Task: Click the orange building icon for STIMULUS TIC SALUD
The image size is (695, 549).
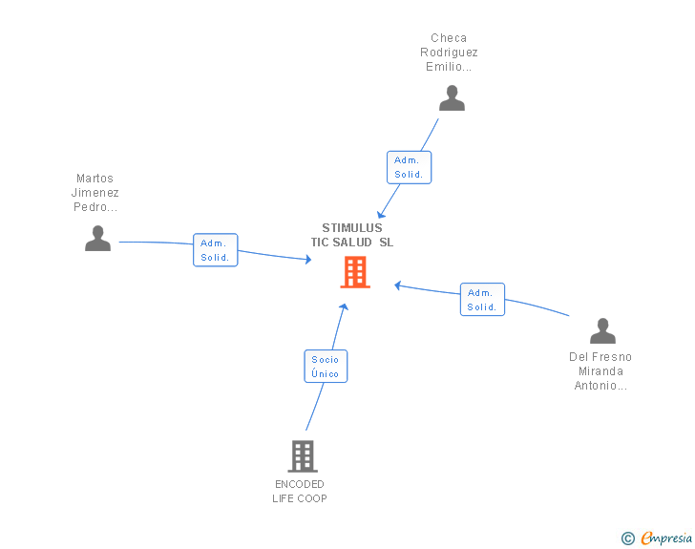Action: (355, 272)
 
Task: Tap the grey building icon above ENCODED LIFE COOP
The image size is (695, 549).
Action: (303, 455)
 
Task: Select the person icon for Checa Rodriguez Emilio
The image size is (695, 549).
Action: (452, 98)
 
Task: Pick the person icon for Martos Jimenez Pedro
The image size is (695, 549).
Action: (97, 238)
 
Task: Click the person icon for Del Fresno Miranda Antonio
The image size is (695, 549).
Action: (602, 330)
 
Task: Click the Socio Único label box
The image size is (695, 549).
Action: (326, 367)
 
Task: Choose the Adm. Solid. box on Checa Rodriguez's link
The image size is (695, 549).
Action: (410, 168)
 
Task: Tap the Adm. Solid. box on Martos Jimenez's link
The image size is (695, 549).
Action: (216, 250)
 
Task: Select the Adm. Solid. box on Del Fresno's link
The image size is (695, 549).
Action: (482, 300)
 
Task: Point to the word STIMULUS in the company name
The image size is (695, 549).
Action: (352, 228)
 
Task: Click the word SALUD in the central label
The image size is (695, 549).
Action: (352, 243)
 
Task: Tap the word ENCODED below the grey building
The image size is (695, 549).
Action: (300, 484)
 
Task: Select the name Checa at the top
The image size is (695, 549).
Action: (449, 38)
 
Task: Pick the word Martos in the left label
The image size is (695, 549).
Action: (95, 179)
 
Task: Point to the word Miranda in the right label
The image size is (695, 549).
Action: (600, 371)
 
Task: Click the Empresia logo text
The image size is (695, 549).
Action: (666, 538)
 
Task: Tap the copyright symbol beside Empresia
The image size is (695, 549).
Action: (627, 538)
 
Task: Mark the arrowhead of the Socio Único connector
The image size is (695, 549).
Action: (344, 306)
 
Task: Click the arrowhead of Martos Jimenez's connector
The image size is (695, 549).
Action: (308, 260)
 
